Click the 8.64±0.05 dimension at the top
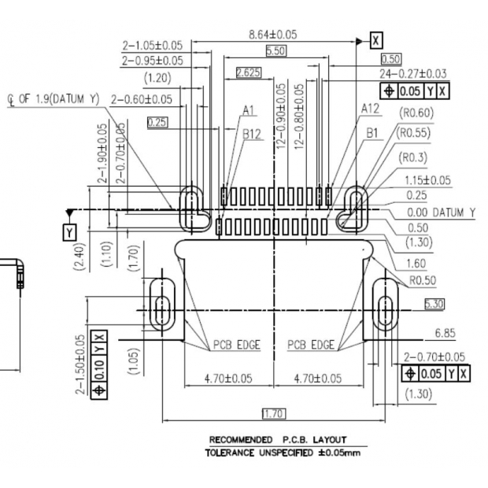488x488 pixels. coord(273,35)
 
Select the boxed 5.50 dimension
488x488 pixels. coord(275,51)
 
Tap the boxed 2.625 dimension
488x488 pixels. coord(249,73)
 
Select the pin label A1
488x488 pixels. coord(249,110)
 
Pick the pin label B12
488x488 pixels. coord(251,135)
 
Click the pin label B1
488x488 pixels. coord(375,134)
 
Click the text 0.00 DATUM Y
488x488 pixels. coord(441,213)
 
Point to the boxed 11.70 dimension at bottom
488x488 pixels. coord(273,413)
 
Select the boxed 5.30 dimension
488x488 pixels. coord(434,303)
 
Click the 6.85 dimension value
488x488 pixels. coord(444,334)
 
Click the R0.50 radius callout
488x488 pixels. coord(423,279)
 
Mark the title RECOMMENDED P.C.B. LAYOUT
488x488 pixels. coord(277,439)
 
